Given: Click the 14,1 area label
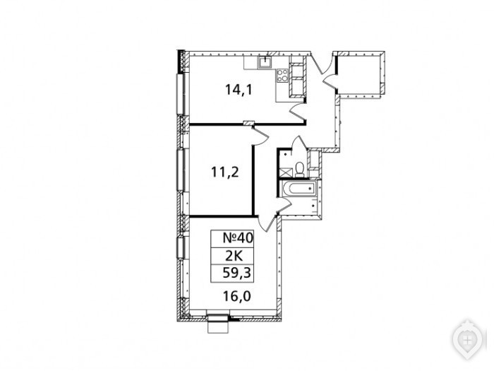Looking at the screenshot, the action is [x=239, y=90].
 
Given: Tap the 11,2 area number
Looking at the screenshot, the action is [x=225, y=172].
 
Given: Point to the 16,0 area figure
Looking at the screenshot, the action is [x=237, y=296].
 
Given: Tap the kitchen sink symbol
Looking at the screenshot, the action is [x=267, y=62].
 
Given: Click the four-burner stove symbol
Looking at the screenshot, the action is [x=282, y=76].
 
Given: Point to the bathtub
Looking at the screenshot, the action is [x=300, y=189].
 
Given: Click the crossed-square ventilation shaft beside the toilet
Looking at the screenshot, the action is [x=284, y=172].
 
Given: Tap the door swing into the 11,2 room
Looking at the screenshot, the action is [x=261, y=136].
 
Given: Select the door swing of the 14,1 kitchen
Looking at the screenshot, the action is [x=299, y=111].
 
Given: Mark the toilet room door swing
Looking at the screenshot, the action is [x=299, y=143].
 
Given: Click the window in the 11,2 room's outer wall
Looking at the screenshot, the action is [x=182, y=170].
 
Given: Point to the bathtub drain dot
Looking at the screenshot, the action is [x=311, y=189].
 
